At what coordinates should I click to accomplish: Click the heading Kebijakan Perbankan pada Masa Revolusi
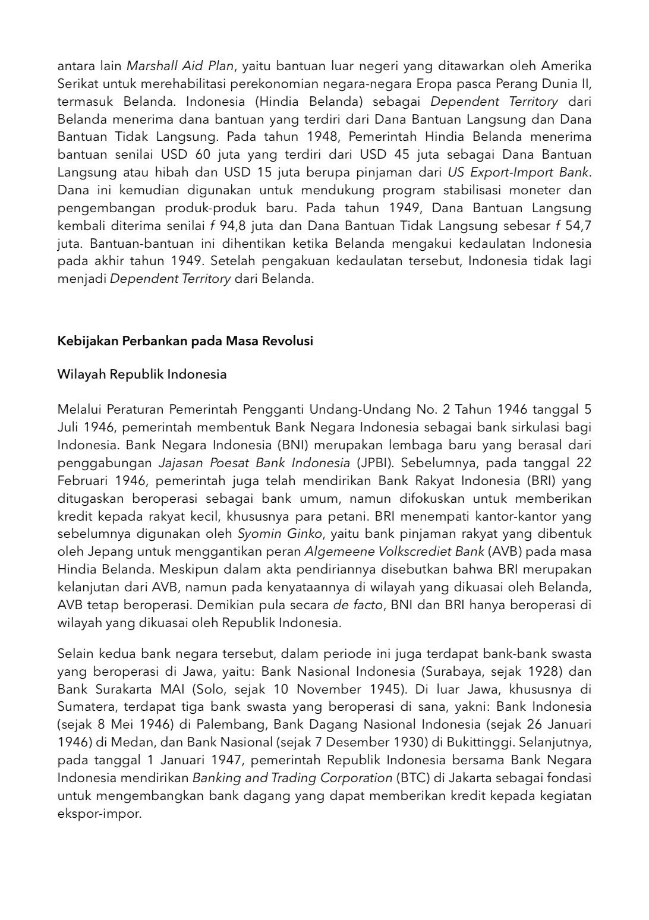(x=185, y=341)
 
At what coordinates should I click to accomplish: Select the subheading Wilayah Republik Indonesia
(x=142, y=374)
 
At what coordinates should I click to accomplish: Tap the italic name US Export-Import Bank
(x=518, y=172)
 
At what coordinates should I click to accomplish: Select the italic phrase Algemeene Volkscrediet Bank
(x=394, y=552)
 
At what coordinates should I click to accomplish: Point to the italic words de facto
(x=357, y=605)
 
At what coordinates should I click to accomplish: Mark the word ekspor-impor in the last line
(x=99, y=814)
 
